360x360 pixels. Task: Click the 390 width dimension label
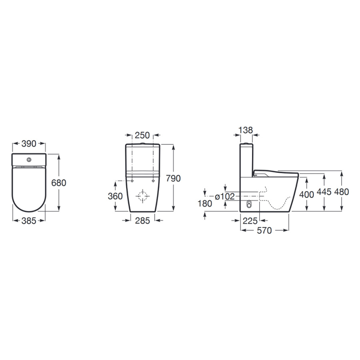click(x=29, y=144)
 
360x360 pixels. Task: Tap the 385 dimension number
click(x=29, y=221)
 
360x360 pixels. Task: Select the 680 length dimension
click(x=58, y=183)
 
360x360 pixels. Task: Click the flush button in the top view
click(x=29, y=160)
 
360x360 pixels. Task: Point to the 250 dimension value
click(x=142, y=135)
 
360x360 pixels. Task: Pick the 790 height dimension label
click(x=173, y=178)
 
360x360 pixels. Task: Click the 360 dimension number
click(x=115, y=196)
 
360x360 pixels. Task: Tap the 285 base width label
click(x=142, y=221)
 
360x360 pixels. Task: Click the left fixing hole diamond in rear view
click(x=132, y=181)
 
